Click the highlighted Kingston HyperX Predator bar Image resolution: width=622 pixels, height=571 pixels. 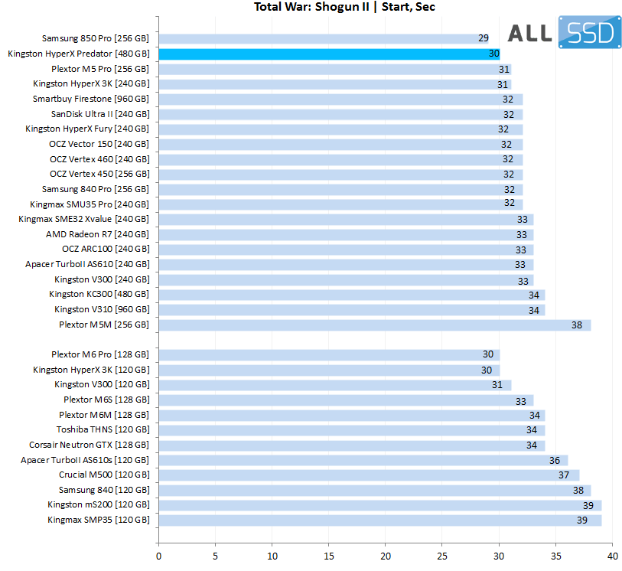pos(329,54)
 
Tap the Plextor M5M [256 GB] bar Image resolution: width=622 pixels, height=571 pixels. pos(374,325)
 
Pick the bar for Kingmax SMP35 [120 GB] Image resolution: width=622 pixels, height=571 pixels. pos(379,520)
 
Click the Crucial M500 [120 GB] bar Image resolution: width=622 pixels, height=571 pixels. pos(368,475)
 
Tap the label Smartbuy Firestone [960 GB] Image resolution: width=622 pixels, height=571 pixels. pos(91,99)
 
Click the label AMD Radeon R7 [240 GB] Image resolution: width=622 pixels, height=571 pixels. pos(97,234)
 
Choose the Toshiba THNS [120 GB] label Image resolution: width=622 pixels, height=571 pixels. pos(103,430)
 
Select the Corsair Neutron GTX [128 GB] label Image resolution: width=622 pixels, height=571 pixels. pos(90,445)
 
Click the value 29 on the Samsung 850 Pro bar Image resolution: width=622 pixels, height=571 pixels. pos(484,38)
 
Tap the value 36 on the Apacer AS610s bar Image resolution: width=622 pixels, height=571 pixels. pos(554,460)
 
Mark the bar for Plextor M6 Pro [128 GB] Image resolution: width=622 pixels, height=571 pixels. pos(329,354)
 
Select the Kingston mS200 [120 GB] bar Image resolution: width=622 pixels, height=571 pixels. pos(379,505)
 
